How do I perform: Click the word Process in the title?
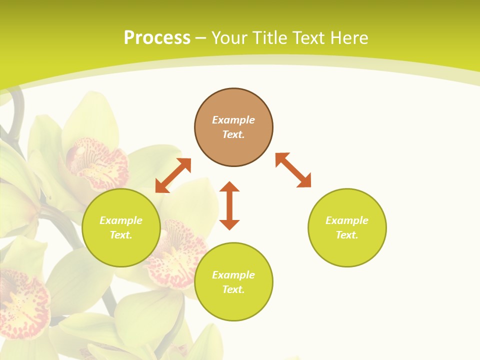coord(157,38)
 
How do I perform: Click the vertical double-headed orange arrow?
coord(229,205)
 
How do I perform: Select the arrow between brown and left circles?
coord(173,175)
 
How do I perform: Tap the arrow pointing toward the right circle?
coord(293,170)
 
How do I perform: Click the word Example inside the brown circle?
coord(233,120)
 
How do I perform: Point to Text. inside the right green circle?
coord(346,235)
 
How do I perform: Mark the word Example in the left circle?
coord(121,220)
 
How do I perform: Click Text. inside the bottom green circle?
coord(233,289)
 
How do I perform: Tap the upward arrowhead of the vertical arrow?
coord(229,186)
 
